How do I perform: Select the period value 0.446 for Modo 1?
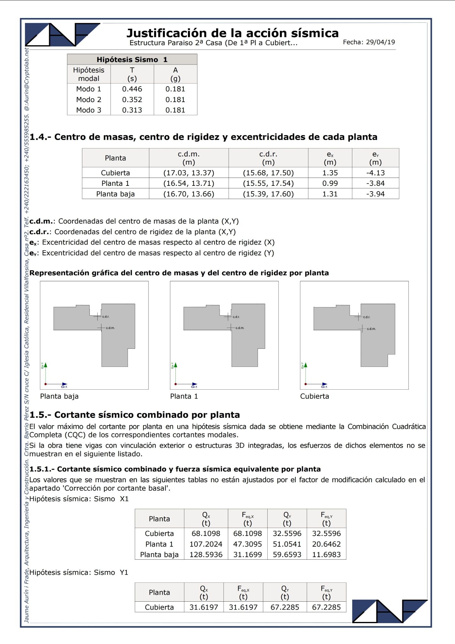(132, 89)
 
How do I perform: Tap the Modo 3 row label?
(89, 110)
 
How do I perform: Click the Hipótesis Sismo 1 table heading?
(132, 59)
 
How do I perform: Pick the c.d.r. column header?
(268, 158)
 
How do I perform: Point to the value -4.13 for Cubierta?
(375, 173)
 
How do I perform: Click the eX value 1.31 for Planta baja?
(330, 194)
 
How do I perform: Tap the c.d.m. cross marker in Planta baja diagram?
(101, 328)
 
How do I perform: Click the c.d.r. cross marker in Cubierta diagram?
(358, 317)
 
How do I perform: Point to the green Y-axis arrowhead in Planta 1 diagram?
(176, 365)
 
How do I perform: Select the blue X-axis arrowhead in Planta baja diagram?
(65, 384)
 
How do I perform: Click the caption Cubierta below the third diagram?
(314, 396)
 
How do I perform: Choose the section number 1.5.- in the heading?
(40, 415)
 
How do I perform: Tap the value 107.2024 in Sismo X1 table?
(206, 544)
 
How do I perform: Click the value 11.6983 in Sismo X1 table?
(326, 555)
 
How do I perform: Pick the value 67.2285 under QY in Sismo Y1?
(285, 607)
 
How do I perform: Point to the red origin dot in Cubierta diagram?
(306, 384)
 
